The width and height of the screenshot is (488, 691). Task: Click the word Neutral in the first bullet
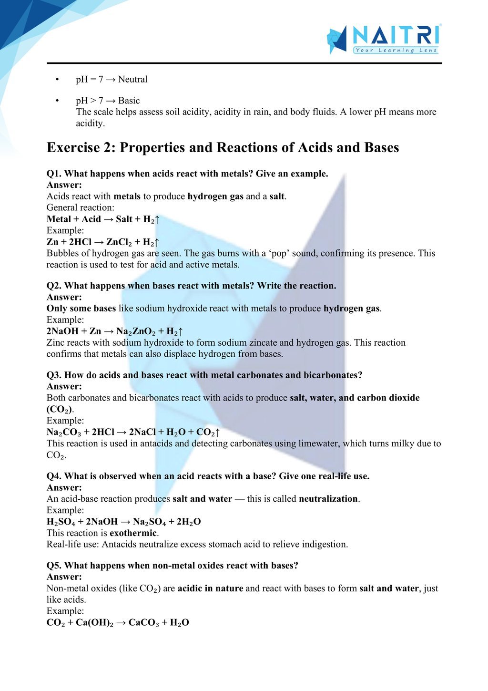133,79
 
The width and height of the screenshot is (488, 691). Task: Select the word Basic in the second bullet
129,101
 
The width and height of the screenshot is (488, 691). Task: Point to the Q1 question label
54,174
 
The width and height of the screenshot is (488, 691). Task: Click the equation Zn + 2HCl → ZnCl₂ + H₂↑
103,242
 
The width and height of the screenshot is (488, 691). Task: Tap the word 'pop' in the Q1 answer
281,253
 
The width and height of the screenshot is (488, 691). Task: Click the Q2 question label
54,286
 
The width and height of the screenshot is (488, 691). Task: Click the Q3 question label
54,375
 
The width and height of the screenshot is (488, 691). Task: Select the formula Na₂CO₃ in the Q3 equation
63,433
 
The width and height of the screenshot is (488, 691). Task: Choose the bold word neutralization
328,499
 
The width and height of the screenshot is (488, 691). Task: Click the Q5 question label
54,566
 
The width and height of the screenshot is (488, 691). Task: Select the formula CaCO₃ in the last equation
144,623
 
